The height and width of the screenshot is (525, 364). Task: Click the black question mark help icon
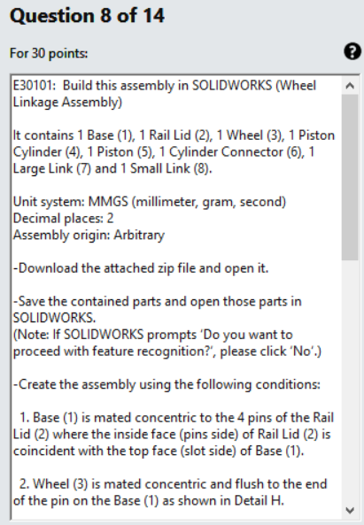pos(352,52)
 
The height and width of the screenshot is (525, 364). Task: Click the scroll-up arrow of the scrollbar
pos(349,86)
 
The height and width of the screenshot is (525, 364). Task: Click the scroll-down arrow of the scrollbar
pos(349,510)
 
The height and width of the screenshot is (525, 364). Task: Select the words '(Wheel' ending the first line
pos(297,87)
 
